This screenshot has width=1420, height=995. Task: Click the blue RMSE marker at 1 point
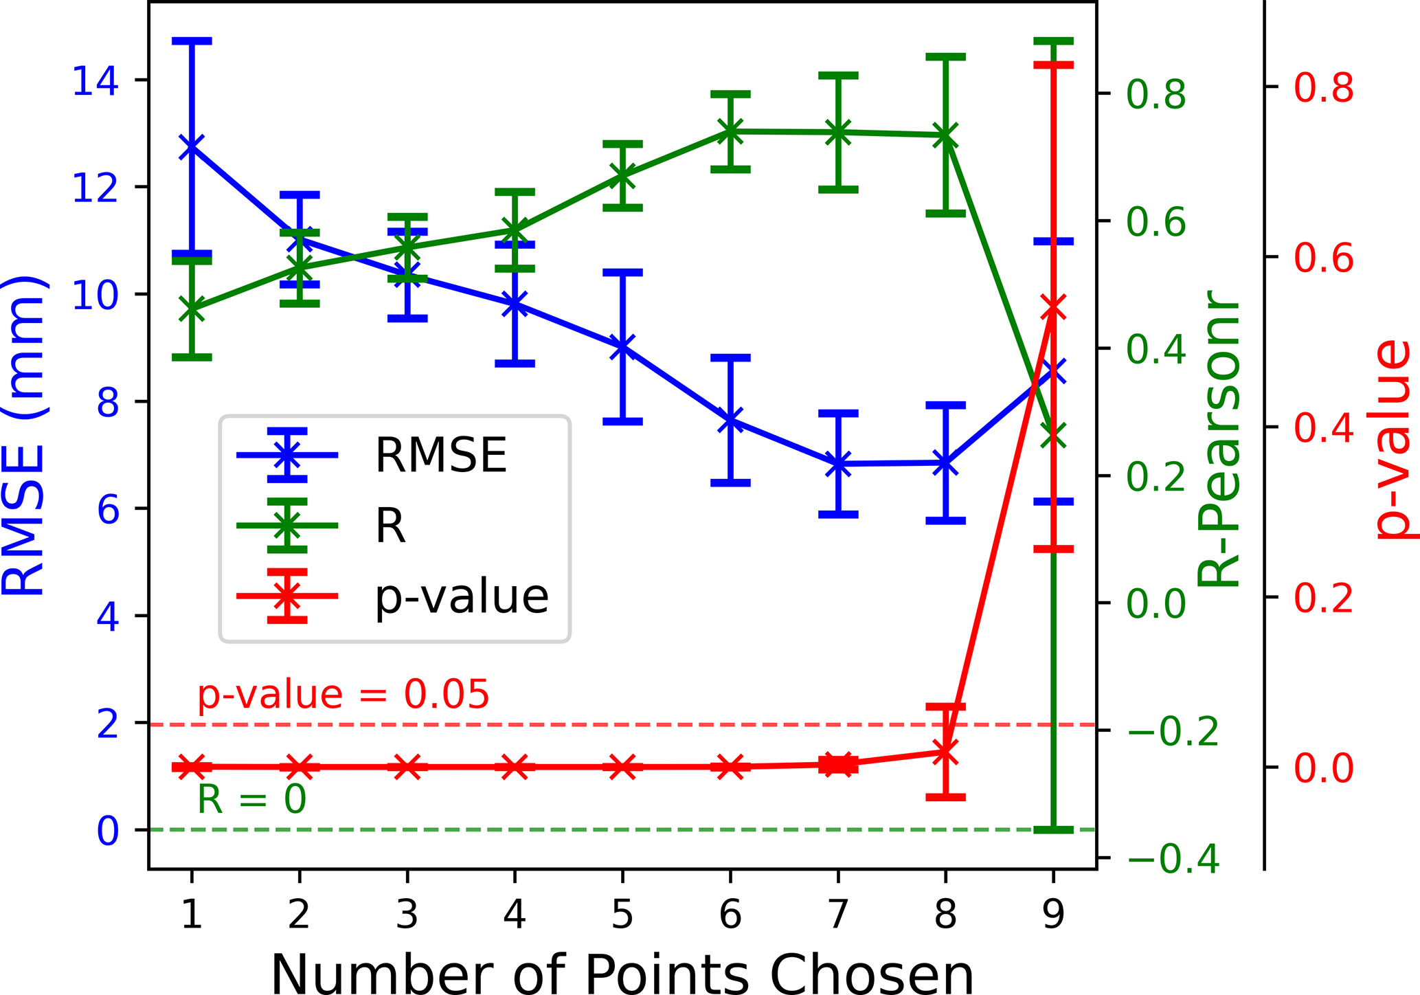tap(192, 147)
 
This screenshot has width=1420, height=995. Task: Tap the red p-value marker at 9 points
tap(1053, 309)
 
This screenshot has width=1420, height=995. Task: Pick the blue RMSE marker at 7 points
tap(838, 464)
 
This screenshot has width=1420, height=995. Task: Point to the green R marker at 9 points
tap(1053, 435)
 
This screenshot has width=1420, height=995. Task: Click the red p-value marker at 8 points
tap(945, 752)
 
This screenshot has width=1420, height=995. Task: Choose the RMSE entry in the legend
tap(440, 455)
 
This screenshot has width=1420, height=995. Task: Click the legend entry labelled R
tap(390, 526)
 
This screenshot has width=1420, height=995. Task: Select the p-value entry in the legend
tap(461, 596)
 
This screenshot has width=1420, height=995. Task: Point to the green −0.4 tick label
tap(1173, 859)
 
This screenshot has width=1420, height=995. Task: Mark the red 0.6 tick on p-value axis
tap(1323, 258)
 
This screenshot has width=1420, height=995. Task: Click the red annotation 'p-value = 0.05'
tap(343, 695)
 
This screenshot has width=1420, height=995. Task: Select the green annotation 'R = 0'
tap(251, 800)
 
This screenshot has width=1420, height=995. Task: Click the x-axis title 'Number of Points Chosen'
tap(622, 972)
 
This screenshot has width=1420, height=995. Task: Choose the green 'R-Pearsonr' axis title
tap(1217, 440)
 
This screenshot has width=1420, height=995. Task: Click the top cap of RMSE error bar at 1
tap(192, 41)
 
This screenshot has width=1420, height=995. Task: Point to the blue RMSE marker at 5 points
tap(622, 346)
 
